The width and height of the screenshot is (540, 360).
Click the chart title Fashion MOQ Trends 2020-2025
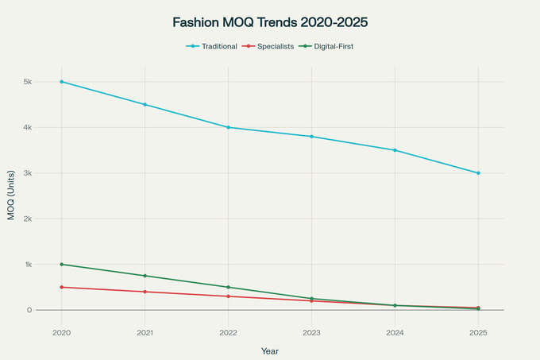click(270, 23)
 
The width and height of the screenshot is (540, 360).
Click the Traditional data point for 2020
click(61, 82)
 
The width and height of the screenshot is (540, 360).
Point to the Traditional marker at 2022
click(228, 127)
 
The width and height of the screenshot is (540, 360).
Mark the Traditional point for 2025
click(478, 173)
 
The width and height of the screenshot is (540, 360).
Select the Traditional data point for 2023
click(311, 137)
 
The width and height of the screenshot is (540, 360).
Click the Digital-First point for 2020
click(61, 265)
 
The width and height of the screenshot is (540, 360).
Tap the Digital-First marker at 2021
click(145, 276)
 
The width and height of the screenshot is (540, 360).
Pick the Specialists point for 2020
click(61, 287)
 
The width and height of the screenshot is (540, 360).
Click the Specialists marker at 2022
click(228, 296)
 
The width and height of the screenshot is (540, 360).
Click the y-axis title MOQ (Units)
click(11, 195)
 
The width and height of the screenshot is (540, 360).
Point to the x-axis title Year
click(270, 350)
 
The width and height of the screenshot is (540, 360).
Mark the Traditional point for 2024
click(395, 150)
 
